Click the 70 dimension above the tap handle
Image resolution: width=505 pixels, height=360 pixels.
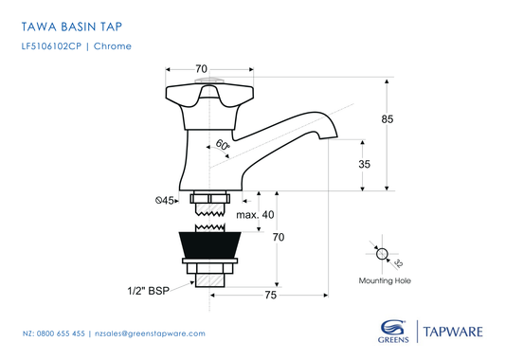click(x=201, y=69)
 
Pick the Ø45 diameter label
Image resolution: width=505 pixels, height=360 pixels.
click(x=166, y=201)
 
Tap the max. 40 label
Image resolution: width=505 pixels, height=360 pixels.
click(x=255, y=214)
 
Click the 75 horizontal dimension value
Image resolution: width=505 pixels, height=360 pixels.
click(x=271, y=296)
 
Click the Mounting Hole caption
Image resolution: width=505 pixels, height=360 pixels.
click(x=384, y=280)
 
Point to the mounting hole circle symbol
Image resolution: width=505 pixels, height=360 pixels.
click(x=381, y=254)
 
